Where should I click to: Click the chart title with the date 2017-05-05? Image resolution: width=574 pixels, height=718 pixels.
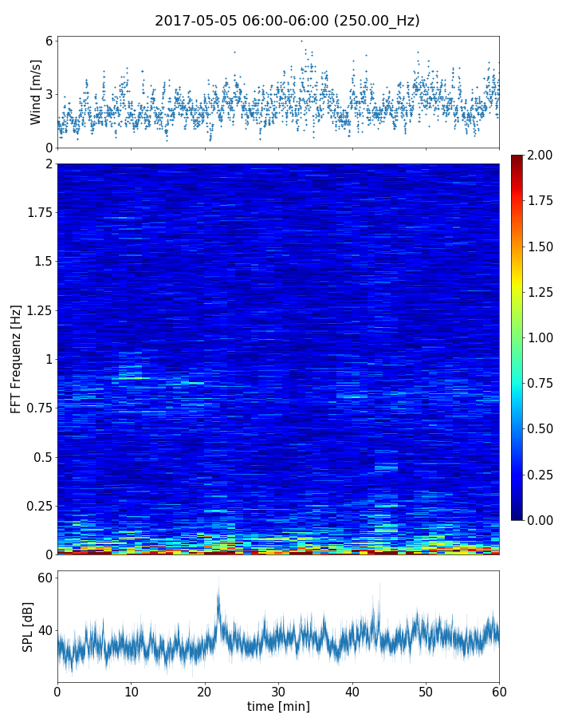click(x=287, y=21)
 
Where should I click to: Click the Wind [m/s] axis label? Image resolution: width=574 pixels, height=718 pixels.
click(x=36, y=92)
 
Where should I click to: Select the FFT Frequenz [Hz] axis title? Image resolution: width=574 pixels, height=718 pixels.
click(x=16, y=358)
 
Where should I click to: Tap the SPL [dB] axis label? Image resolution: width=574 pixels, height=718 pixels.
click(x=28, y=626)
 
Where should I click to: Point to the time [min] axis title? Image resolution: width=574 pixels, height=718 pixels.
click(x=278, y=706)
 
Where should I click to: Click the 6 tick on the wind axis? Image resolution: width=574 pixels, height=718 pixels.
click(x=49, y=41)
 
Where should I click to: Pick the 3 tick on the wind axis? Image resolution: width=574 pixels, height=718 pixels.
click(x=49, y=94)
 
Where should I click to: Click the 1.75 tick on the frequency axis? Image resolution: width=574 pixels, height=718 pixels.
click(x=37, y=213)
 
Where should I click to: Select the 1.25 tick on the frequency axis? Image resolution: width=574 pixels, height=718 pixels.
click(x=37, y=310)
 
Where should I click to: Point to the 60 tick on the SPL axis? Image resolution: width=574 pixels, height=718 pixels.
click(x=45, y=577)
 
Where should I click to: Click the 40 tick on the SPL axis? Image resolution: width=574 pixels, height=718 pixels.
click(x=45, y=630)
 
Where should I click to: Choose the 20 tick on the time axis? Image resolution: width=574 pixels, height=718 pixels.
click(x=205, y=690)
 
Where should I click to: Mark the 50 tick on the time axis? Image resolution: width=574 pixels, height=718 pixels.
click(x=426, y=690)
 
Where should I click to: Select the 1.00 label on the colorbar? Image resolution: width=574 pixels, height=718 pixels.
click(x=546, y=337)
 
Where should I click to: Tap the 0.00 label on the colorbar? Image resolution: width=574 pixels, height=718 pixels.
click(x=546, y=520)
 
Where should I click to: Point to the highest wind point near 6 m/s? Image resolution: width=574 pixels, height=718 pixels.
click(x=301, y=41)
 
